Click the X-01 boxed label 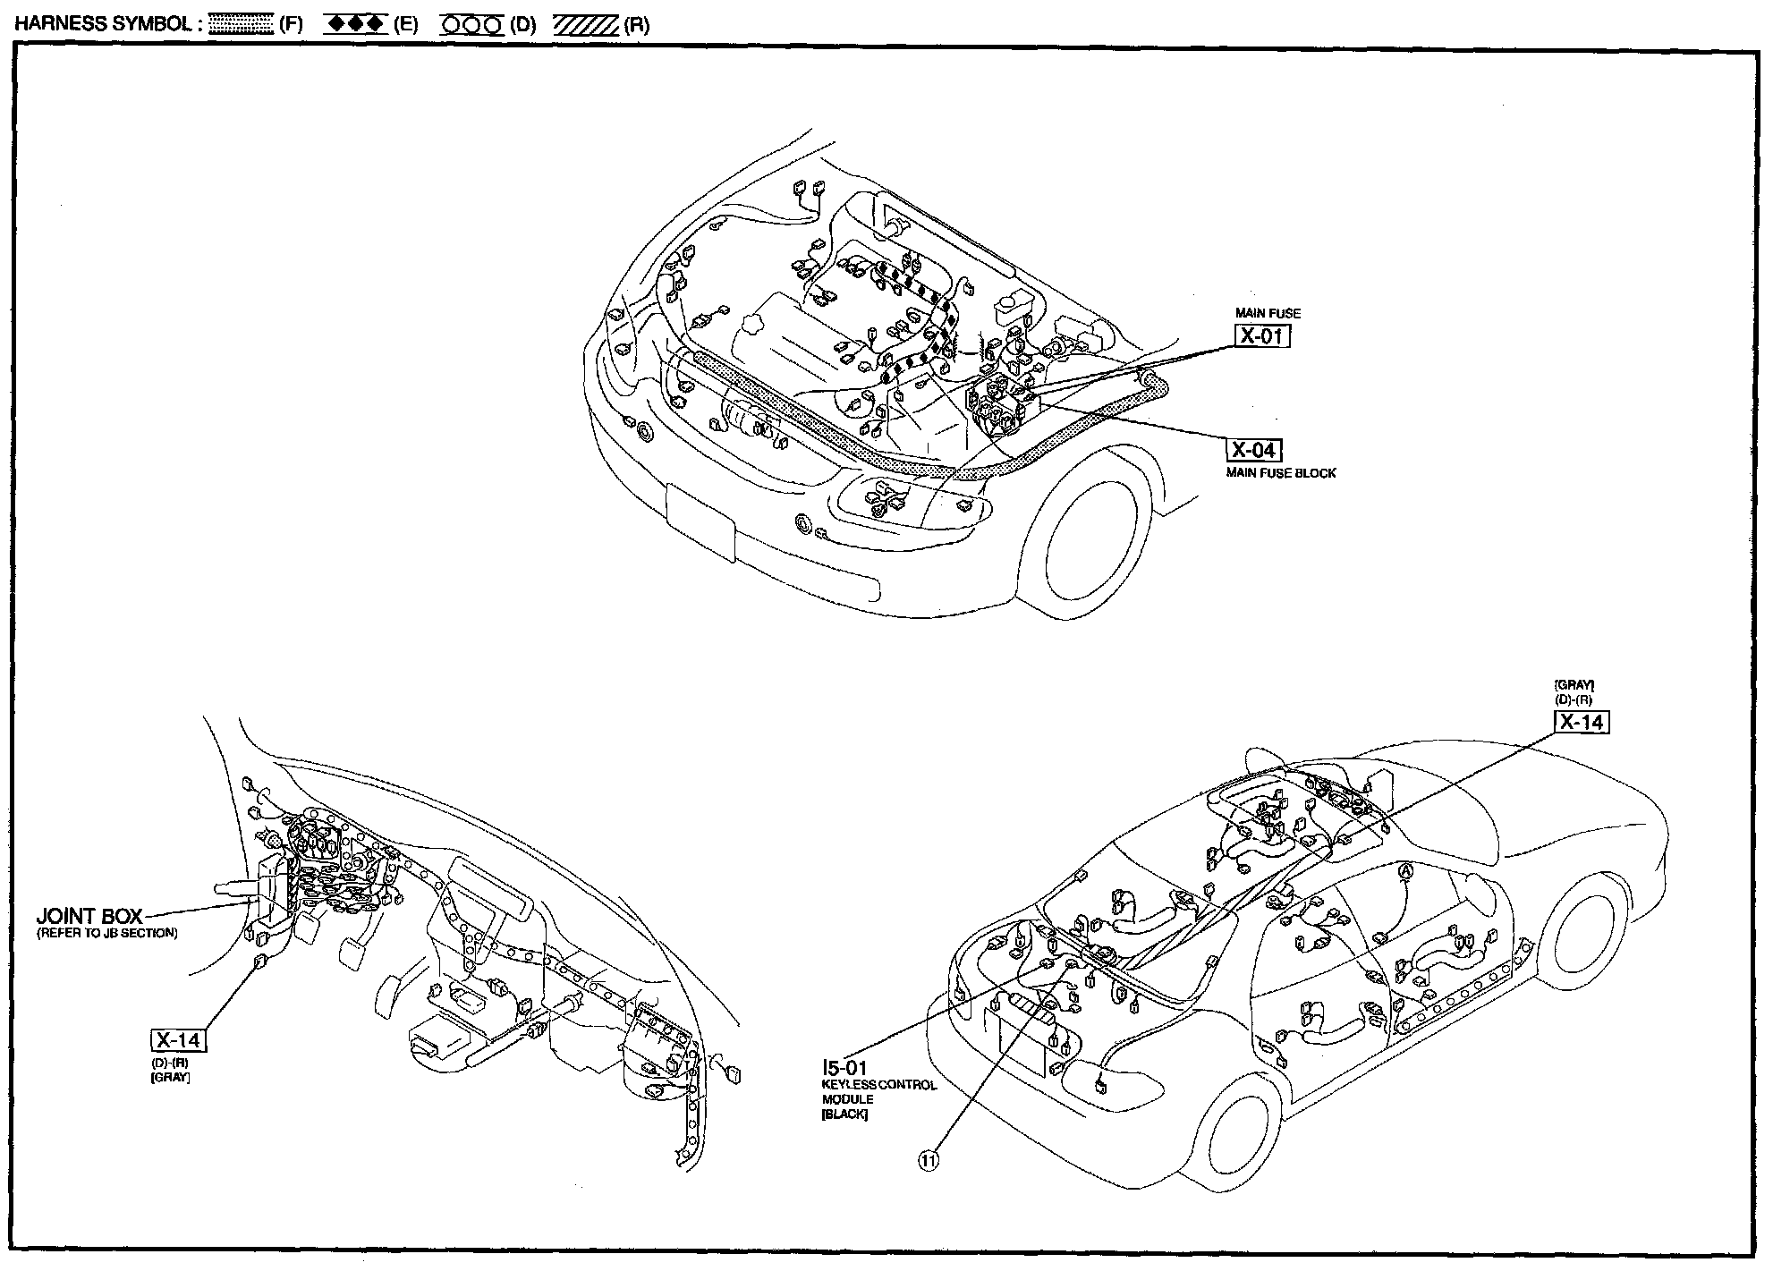tap(1262, 335)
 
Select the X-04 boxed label tap(1253, 450)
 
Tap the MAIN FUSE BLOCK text tap(1280, 473)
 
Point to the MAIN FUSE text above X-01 tap(1268, 313)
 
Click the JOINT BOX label tap(89, 917)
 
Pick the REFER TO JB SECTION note tap(106, 934)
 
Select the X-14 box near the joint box tap(178, 1040)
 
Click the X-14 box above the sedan tap(1581, 721)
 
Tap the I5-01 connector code tap(844, 1068)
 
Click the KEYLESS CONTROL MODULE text tap(878, 1092)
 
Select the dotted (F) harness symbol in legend tap(241, 25)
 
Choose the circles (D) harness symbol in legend tap(471, 25)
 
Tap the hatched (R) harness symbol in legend tap(585, 25)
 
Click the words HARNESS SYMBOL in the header tap(103, 24)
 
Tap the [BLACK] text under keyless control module tap(844, 1115)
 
